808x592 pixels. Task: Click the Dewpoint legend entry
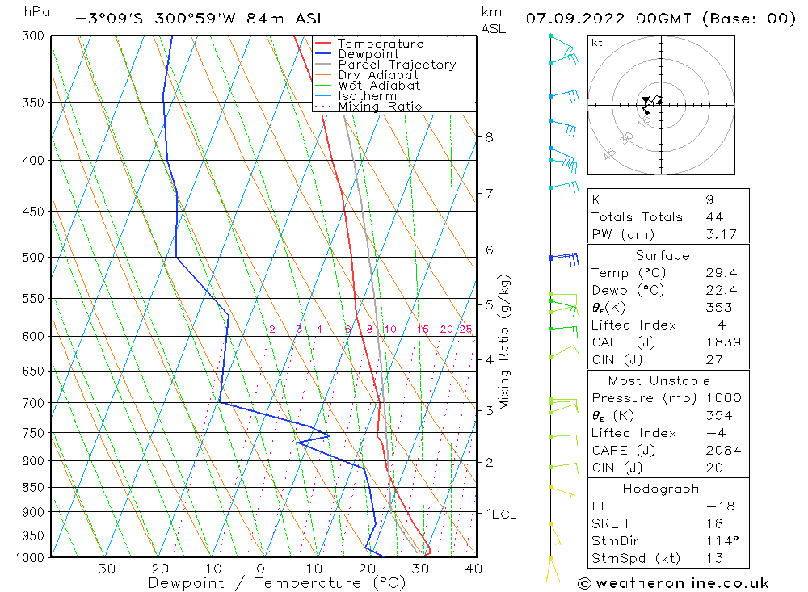pos(368,54)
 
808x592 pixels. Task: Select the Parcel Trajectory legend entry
pos(396,65)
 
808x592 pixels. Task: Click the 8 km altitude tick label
pos(489,137)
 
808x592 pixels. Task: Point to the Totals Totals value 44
pos(714,217)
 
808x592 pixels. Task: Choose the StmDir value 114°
pos(719,541)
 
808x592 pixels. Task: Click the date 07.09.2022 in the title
pos(575,19)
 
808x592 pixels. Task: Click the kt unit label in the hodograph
pos(597,43)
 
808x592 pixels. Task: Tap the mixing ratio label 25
pos(465,330)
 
